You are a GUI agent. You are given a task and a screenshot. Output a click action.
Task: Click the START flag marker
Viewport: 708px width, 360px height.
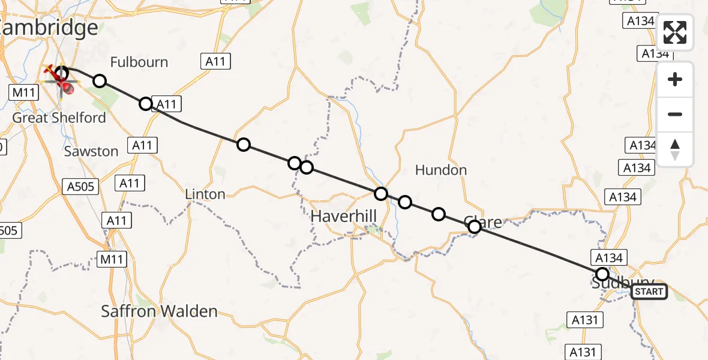(x=649, y=292)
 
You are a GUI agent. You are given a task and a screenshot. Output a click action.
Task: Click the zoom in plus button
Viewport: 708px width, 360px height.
(x=675, y=80)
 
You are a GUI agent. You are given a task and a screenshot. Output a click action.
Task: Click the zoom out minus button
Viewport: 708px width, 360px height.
(x=675, y=115)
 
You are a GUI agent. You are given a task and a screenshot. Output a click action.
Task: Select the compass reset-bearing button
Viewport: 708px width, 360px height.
(x=675, y=149)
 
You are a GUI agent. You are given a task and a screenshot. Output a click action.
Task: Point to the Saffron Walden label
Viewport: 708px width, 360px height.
(x=159, y=311)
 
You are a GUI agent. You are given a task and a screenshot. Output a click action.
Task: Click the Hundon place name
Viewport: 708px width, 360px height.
(x=441, y=170)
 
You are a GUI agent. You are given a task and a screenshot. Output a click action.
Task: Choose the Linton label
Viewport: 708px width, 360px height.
(x=205, y=194)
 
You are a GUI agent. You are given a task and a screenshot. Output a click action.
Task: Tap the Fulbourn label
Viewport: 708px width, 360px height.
(x=139, y=62)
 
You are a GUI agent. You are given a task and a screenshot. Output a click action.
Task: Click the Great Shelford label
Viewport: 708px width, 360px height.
(x=59, y=118)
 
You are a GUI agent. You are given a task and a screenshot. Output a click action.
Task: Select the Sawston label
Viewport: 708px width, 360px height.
(x=91, y=151)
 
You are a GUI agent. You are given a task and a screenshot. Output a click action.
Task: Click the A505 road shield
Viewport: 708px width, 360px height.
(x=80, y=187)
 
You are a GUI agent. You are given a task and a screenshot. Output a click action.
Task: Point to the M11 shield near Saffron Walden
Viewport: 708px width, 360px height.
(x=112, y=260)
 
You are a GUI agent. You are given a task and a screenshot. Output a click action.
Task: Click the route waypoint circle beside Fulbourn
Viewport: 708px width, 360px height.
(x=100, y=81)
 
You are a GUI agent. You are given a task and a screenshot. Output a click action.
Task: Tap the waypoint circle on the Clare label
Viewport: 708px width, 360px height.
(x=475, y=226)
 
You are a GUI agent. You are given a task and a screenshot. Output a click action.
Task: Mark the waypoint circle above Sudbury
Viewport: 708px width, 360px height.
(x=602, y=274)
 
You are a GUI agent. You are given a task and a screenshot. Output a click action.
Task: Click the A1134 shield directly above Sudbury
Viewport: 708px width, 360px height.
(x=610, y=257)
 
